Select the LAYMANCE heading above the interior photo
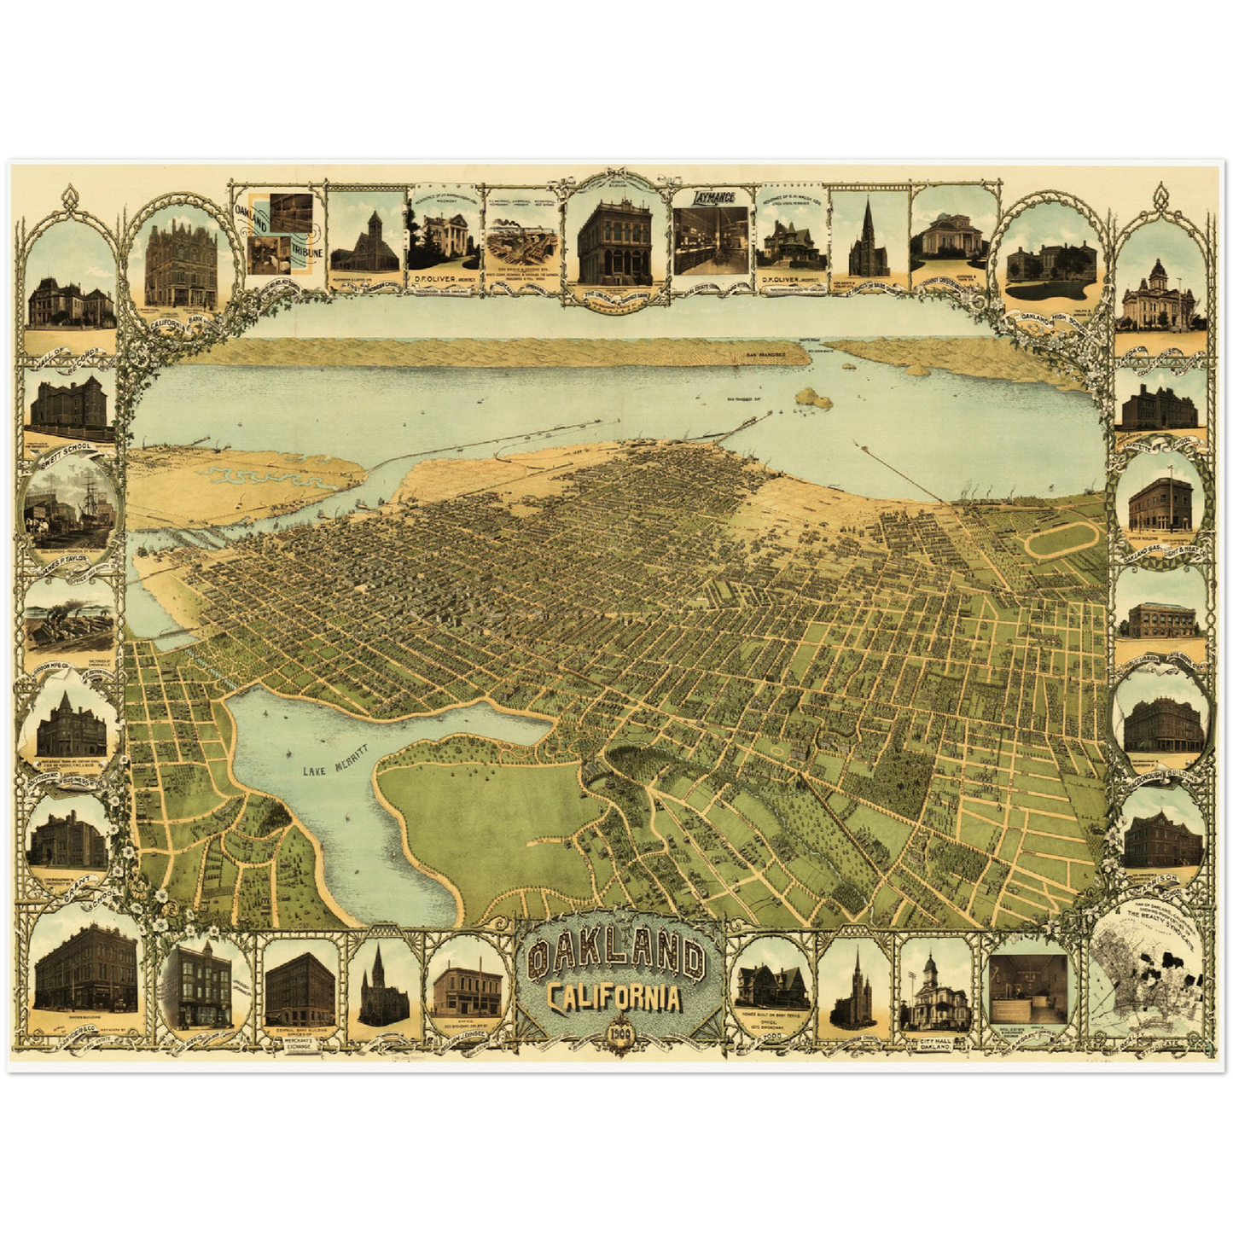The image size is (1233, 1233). tap(702, 196)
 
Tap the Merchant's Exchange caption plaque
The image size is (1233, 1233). tap(300, 1045)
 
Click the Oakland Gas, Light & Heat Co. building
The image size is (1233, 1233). tap(1160, 503)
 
